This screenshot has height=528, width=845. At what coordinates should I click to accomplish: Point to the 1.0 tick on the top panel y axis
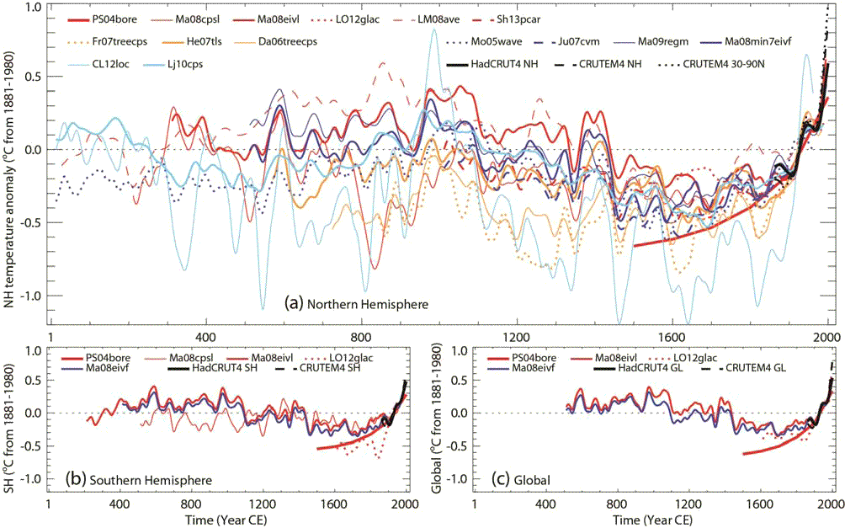coord(33,8)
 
